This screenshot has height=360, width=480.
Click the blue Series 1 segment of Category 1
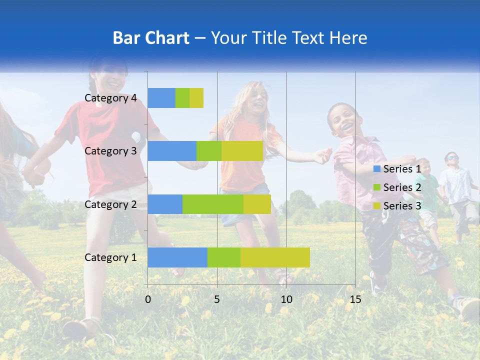(177, 257)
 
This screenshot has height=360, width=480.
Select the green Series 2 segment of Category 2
(213, 204)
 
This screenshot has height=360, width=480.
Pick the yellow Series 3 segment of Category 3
(242, 151)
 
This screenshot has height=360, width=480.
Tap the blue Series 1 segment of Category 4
(161, 98)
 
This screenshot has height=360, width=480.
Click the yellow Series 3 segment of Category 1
(275, 257)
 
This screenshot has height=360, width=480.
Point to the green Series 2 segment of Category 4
(182, 98)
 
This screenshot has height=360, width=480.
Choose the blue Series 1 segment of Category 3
(172, 151)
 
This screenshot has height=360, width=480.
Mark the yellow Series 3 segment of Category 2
(257, 204)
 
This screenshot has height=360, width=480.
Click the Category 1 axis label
(110, 257)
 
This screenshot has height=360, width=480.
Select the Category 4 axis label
(110, 98)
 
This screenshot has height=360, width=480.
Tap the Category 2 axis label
(110, 204)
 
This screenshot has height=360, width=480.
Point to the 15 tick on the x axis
(355, 299)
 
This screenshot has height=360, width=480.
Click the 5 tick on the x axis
(217, 299)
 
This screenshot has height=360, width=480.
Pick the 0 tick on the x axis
(148, 299)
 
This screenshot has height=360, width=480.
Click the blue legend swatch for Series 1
(376, 169)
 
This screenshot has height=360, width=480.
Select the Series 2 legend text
(402, 187)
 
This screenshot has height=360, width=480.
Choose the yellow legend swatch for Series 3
(376, 205)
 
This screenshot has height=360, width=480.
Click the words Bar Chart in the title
(151, 38)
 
